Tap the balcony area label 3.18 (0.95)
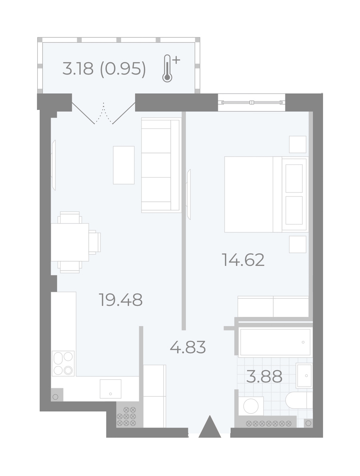pos(104,69)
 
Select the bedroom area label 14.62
pos(243,260)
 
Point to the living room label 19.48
pos(120,300)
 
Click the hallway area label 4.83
pos(188,347)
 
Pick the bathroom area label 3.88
pos(264,377)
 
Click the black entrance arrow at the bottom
pos(210,427)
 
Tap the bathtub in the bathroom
pos(275,342)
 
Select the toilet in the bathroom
pos(299,400)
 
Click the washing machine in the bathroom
pos(251,406)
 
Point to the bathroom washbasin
pos(304,376)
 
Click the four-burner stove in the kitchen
pos(63,363)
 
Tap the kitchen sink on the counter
pos(110,389)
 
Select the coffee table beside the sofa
pos(124,165)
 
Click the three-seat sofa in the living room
pos(161,165)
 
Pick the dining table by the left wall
pos(70,242)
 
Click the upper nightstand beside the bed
pos(298,144)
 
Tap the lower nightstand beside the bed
pos(298,244)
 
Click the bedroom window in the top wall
pos(252,102)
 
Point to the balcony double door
pos(104,113)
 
